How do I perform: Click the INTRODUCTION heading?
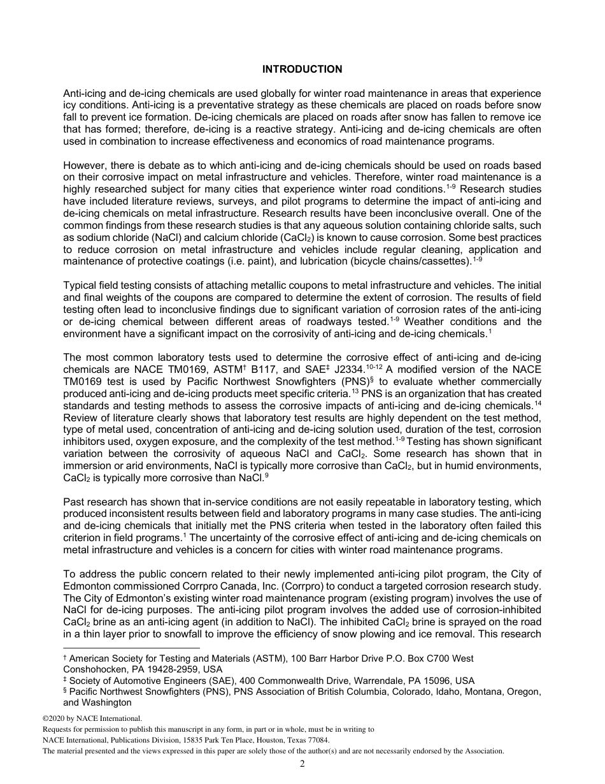(x=302, y=69)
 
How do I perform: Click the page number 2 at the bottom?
(x=302, y=764)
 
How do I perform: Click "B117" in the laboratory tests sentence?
(x=264, y=370)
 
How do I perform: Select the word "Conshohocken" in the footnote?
(x=92, y=669)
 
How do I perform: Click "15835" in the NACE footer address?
(x=182, y=741)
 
